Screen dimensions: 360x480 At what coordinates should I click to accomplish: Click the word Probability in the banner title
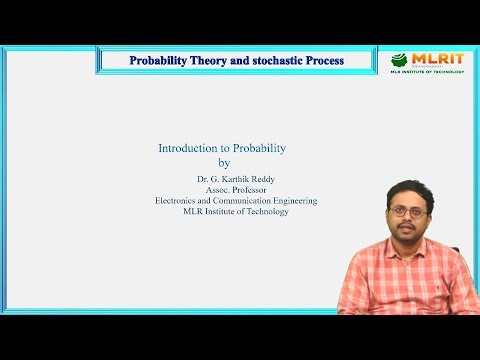coord(163,60)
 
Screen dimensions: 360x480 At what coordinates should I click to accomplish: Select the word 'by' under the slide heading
coord(224,162)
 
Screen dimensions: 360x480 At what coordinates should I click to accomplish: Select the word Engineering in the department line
coord(297,200)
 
